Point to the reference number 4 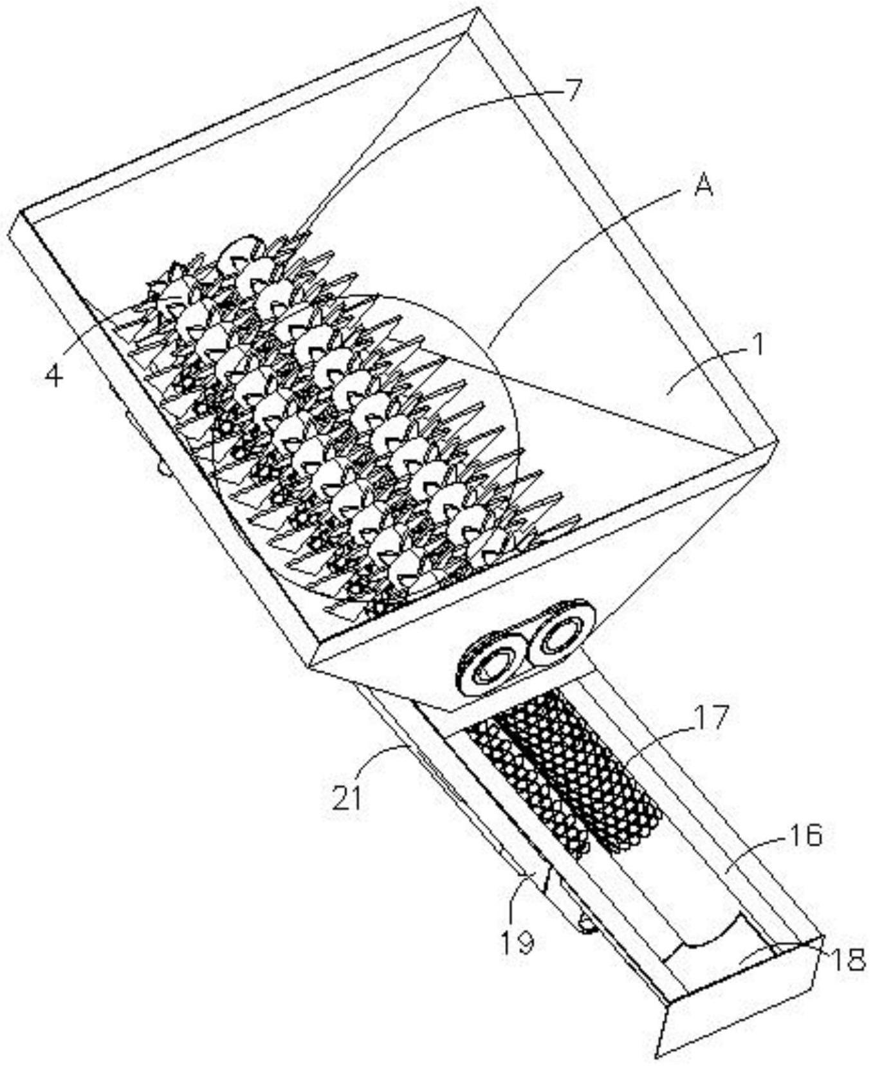click(x=54, y=375)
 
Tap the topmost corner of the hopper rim click(x=477, y=10)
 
